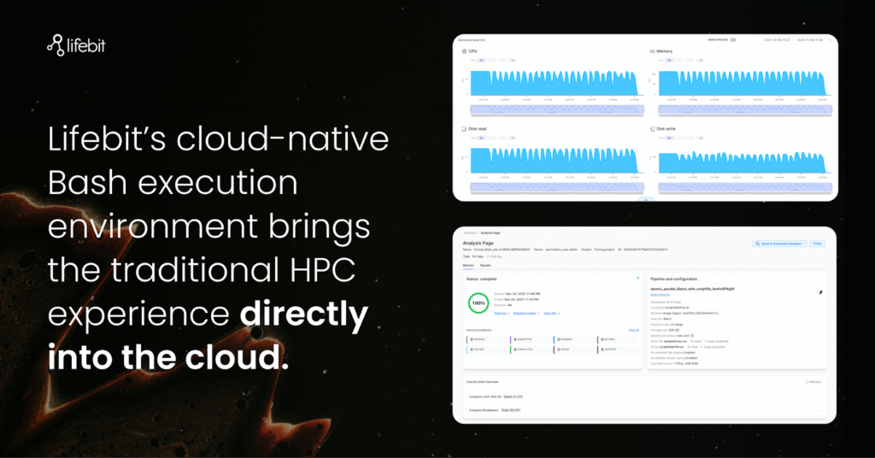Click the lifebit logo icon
point(56,44)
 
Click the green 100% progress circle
point(479,302)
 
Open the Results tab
point(485,266)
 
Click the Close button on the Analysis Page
point(817,244)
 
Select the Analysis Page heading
point(479,243)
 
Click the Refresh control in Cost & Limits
point(813,381)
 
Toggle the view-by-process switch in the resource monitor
point(732,39)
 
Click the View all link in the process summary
point(633,329)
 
